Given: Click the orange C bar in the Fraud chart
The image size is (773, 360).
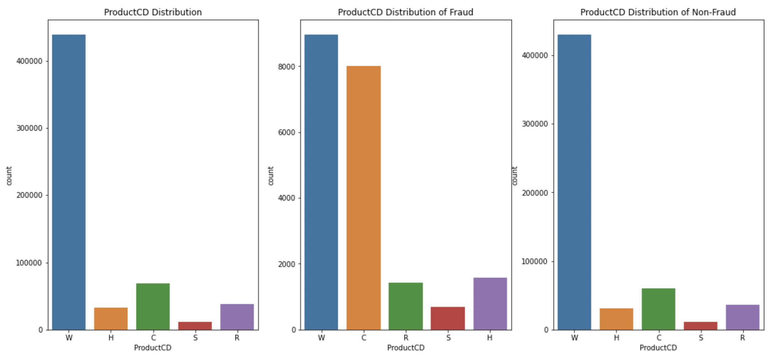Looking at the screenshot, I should click(x=363, y=198).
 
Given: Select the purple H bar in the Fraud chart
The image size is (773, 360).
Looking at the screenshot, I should click(x=490, y=304).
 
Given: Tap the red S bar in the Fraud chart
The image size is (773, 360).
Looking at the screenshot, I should click(x=447, y=318).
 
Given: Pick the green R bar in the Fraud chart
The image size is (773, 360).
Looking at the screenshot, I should click(x=405, y=306).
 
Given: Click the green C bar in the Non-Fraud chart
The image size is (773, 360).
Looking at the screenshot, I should click(x=658, y=309).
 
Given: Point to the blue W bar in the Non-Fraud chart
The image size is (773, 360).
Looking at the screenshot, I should click(x=574, y=182).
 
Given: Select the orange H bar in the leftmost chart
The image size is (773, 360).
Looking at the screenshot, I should click(x=111, y=319).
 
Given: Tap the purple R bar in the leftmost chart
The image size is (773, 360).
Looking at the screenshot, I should click(x=237, y=317).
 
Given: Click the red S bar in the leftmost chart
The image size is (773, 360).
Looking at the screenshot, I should click(x=195, y=326).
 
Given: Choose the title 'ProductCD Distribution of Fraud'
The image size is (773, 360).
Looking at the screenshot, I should click(x=405, y=12).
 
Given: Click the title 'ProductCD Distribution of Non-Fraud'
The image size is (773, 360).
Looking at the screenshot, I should click(x=658, y=12).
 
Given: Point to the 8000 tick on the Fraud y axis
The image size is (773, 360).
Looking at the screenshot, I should click(x=287, y=67).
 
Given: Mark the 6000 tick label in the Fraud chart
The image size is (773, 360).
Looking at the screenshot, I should click(x=287, y=133).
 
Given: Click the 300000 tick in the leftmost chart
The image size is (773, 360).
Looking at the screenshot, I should click(x=29, y=128).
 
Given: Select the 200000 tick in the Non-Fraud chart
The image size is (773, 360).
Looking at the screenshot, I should click(x=534, y=193).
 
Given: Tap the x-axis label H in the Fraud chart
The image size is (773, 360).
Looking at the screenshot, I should click(x=490, y=338).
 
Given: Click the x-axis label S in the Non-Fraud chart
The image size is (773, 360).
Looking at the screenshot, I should click(x=701, y=338).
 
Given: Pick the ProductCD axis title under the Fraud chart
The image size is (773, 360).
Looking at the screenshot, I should click(x=406, y=348).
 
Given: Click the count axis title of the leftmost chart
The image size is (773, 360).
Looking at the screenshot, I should click(x=9, y=176).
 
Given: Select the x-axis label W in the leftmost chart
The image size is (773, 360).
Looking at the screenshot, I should click(x=69, y=338).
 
